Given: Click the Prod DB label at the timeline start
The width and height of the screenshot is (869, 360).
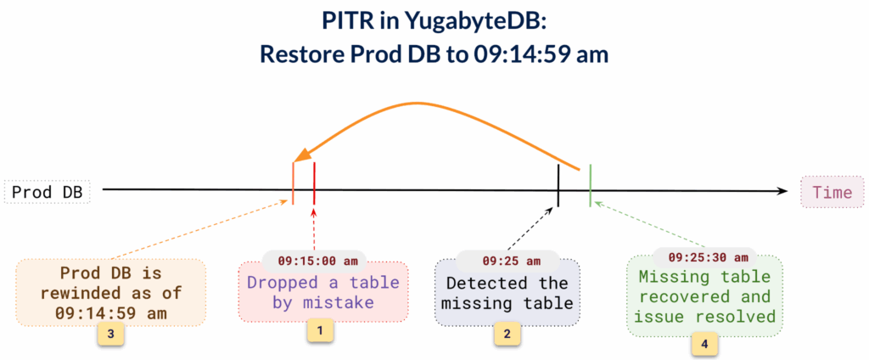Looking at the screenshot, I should coord(47,192).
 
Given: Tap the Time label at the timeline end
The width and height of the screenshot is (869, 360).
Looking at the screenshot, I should coord(831,192).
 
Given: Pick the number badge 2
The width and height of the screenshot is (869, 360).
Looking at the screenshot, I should coord(507,335).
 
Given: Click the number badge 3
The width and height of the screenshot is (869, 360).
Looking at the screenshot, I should coord(110,335).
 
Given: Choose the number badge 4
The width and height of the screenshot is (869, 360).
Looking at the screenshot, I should coord(704,344).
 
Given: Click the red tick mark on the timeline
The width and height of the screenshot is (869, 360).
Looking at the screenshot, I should coord(314,183).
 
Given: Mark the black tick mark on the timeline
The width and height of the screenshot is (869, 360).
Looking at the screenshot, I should coord(558,184).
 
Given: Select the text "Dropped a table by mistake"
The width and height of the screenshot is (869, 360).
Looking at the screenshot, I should coord(322,292).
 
